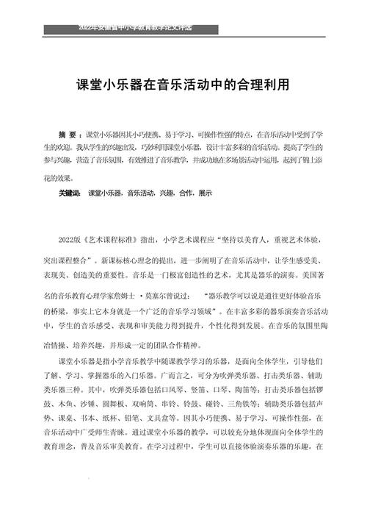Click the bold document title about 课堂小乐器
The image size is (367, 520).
pos(183,85)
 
